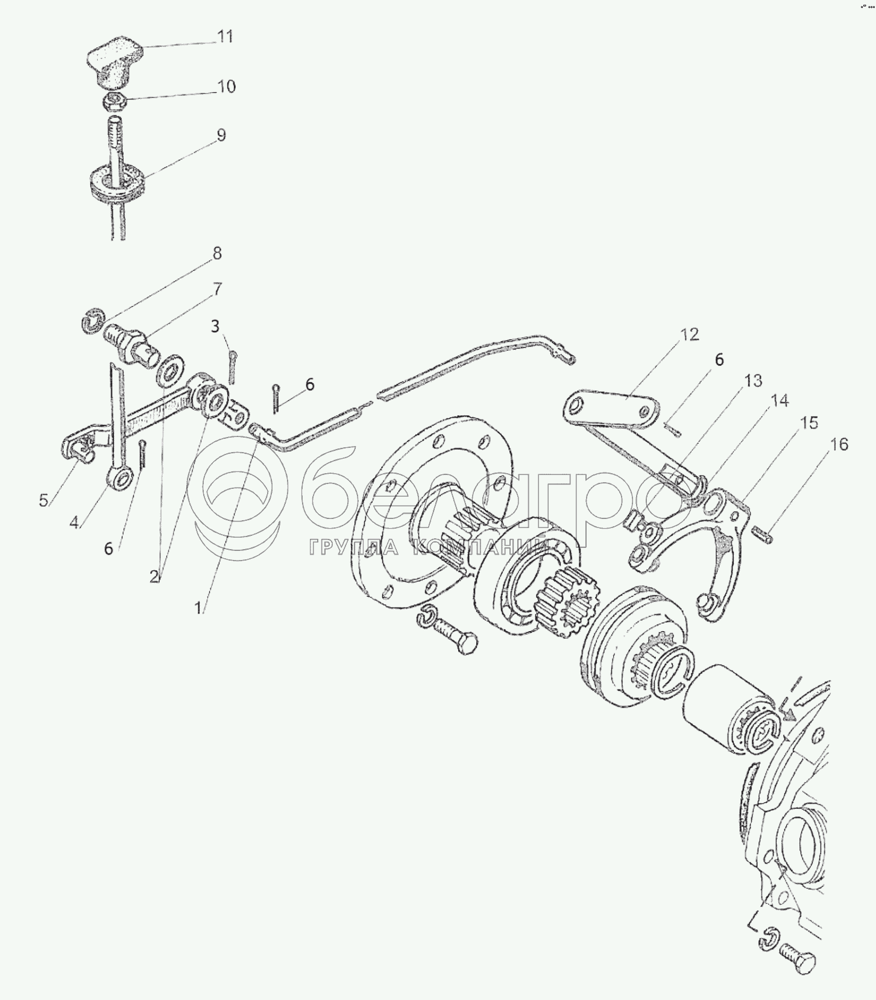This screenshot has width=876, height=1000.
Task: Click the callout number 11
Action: (225, 36)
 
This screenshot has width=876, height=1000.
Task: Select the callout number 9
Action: (221, 135)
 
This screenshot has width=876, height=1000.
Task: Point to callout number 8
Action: (216, 253)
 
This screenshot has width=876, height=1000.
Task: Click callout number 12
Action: (690, 334)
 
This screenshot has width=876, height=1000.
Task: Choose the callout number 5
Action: (43, 500)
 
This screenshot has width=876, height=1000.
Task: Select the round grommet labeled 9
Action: (118, 182)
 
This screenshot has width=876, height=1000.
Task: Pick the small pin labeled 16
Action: (762, 533)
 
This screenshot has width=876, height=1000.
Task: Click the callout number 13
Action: (753, 380)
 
